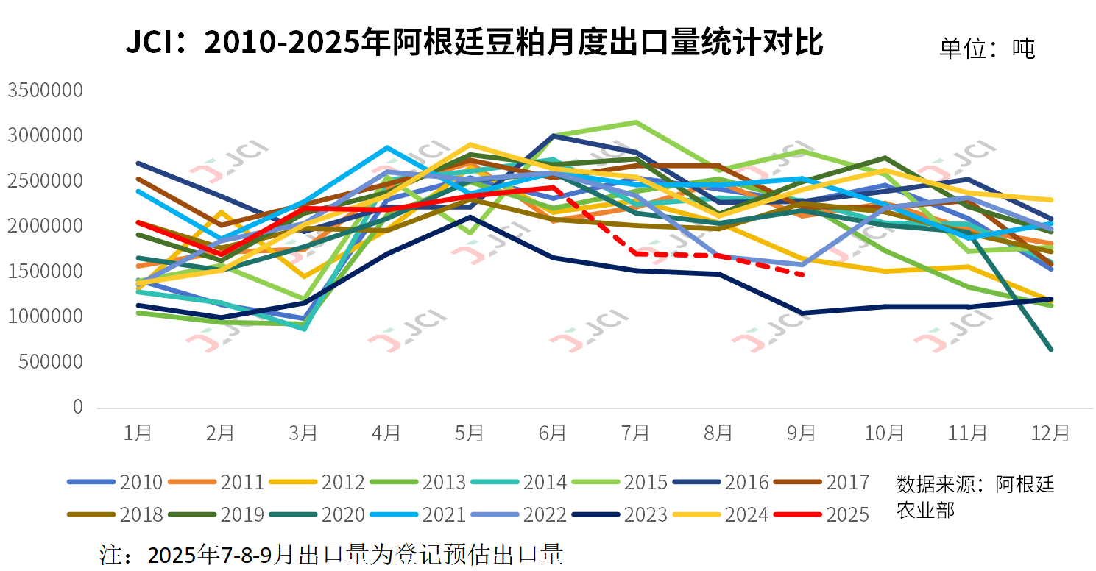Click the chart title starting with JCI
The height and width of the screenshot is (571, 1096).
tap(473, 43)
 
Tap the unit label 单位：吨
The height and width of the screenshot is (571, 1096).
tap(986, 49)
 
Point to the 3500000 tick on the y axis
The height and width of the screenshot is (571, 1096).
tap(45, 91)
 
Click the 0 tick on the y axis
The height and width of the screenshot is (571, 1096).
tap(77, 407)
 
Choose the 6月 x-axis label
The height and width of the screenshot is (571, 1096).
tap(553, 433)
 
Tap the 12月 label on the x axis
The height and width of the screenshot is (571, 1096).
tap(1050, 433)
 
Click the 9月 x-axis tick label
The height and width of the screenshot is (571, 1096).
tap(802, 433)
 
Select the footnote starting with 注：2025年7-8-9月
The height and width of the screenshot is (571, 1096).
tap(331, 553)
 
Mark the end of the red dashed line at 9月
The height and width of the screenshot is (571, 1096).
tap(802, 274)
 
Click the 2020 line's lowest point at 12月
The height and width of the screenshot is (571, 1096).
tap(1050, 349)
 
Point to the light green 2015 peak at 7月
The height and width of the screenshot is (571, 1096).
tap(635, 122)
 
